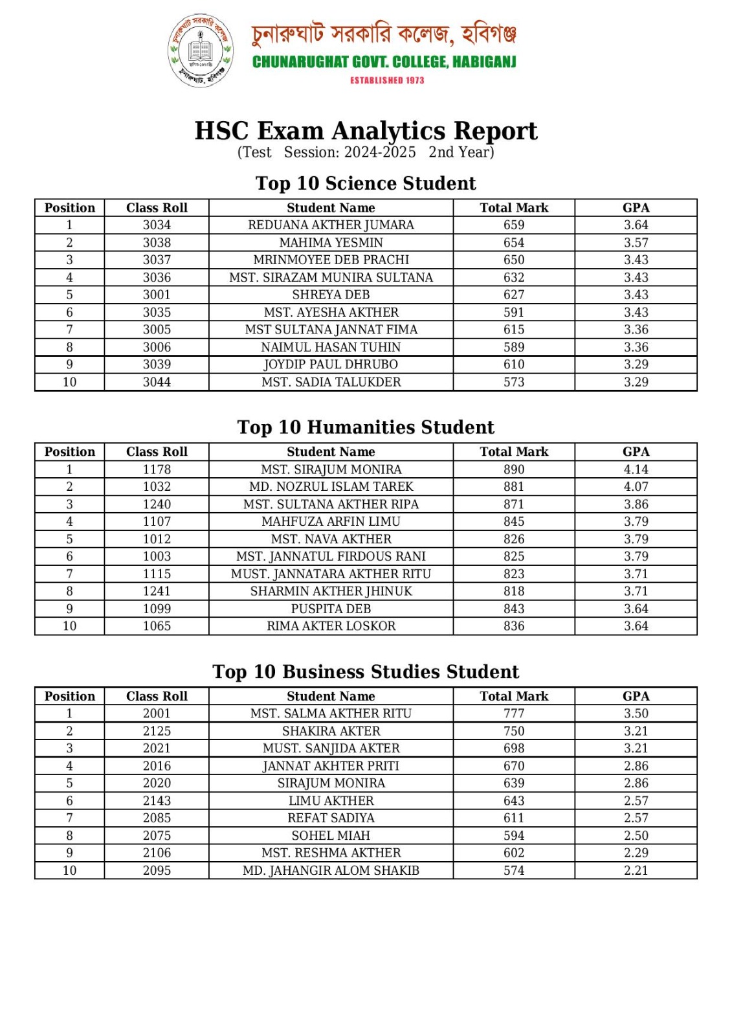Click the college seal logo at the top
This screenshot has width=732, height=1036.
[x=201, y=51]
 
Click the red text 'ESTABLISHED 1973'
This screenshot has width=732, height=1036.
[x=387, y=80]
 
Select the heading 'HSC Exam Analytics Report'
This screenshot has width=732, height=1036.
[x=366, y=131]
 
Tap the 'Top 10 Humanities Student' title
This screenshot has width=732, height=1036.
[x=366, y=427]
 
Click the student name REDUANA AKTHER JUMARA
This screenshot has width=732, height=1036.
[x=331, y=225]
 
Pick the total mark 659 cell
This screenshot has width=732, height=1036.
[x=514, y=225]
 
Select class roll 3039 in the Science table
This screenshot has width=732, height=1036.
[x=157, y=365]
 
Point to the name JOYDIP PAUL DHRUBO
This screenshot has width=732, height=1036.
[x=331, y=365]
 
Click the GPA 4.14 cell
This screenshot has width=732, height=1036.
[x=636, y=469]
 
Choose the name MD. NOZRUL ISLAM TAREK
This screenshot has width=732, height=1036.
[x=331, y=487]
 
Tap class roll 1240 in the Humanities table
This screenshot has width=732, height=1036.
[x=157, y=504]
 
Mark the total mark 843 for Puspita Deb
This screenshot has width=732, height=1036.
[x=514, y=609]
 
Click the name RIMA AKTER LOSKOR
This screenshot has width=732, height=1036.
[x=331, y=626]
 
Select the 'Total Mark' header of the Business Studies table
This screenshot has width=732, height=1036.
[x=514, y=696]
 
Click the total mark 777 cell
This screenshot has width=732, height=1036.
[x=514, y=714]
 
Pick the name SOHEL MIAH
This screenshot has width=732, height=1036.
[x=331, y=835]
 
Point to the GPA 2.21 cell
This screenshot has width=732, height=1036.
[x=636, y=870]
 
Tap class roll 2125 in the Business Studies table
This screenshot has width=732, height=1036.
[x=157, y=731]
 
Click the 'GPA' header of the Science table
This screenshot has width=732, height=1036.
[x=636, y=208]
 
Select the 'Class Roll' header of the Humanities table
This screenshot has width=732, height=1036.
[x=157, y=452]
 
